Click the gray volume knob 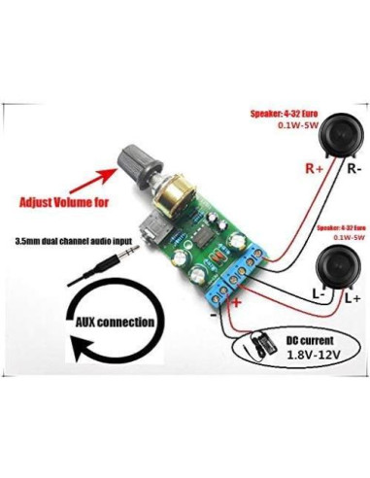coord(135,165)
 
